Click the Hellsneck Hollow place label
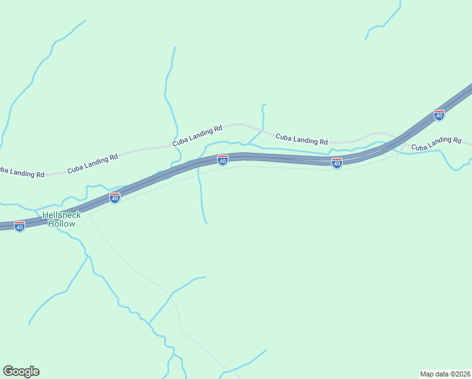[61, 219]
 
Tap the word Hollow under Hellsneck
[61, 224]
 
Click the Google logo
[21, 371]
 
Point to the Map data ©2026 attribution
[445, 373]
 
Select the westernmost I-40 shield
[20, 226]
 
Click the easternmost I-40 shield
[439, 115]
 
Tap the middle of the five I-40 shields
[222, 160]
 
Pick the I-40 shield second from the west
[114, 198]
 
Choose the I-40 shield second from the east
[337, 164]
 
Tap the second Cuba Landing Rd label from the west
[93, 164]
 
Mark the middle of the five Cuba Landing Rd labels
[198, 136]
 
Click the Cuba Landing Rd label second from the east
[302, 138]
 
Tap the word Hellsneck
[61, 215]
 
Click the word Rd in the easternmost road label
[457, 139]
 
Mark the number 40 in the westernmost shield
[20, 227]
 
